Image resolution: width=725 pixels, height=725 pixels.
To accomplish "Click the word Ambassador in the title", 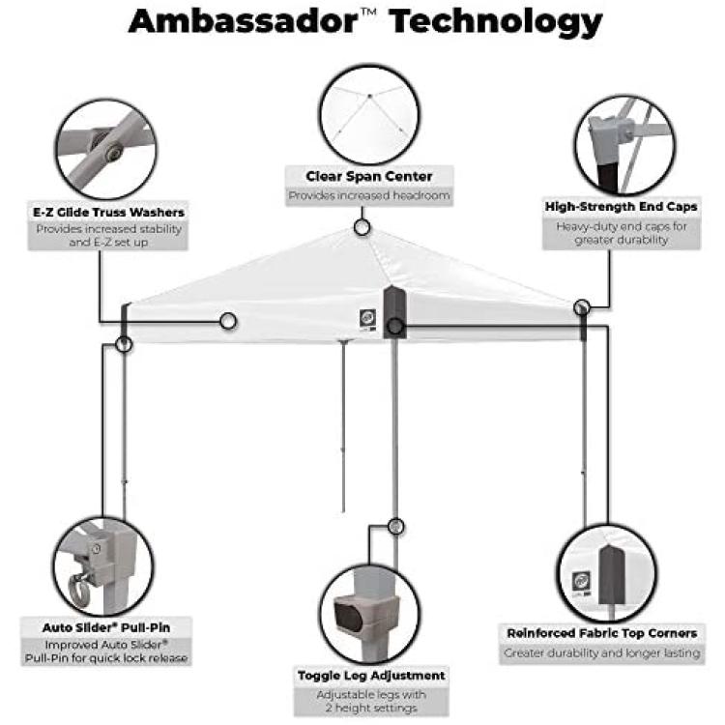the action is pyautogui.click(x=244, y=21).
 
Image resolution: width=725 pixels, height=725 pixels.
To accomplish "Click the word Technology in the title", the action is pyautogui.click(x=496, y=23).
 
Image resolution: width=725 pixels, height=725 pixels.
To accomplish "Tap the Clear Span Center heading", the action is pyautogui.click(x=369, y=176).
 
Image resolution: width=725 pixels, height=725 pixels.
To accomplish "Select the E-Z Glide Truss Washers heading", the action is pyautogui.click(x=108, y=213).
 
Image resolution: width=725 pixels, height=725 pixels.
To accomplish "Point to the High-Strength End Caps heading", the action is pyautogui.click(x=621, y=206).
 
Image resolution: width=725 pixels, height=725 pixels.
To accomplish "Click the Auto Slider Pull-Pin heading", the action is pyautogui.click(x=106, y=627).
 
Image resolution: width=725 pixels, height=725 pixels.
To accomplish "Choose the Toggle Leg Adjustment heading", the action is pyautogui.click(x=371, y=676).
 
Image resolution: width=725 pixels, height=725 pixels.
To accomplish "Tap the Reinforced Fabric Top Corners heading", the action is pyautogui.click(x=602, y=633).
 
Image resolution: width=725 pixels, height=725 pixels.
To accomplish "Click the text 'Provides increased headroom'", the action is pyautogui.click(x=369, y=195).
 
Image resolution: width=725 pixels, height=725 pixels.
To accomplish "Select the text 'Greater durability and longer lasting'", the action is pyautogui.click(x=602, y=652).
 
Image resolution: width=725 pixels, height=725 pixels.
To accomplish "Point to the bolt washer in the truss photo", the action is pyautogui.click(x=112, y=152).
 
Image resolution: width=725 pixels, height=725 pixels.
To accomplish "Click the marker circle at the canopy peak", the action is pyautogui.click(x=362, y=227).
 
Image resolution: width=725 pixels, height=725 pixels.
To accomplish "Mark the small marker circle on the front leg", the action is pyautogui.click(x=395, y=526).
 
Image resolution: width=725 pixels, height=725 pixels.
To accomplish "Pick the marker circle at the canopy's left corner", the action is pyautogui.click(x=124, y=344).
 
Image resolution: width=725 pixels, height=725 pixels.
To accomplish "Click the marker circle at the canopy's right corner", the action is pyautogui.click(x=582, y=307).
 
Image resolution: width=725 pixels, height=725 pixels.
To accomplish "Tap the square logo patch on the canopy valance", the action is pyautogui.click(x=367, y=318).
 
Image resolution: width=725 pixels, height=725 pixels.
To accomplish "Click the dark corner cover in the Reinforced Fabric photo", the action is pyautogui.click(x=611, y=575).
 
